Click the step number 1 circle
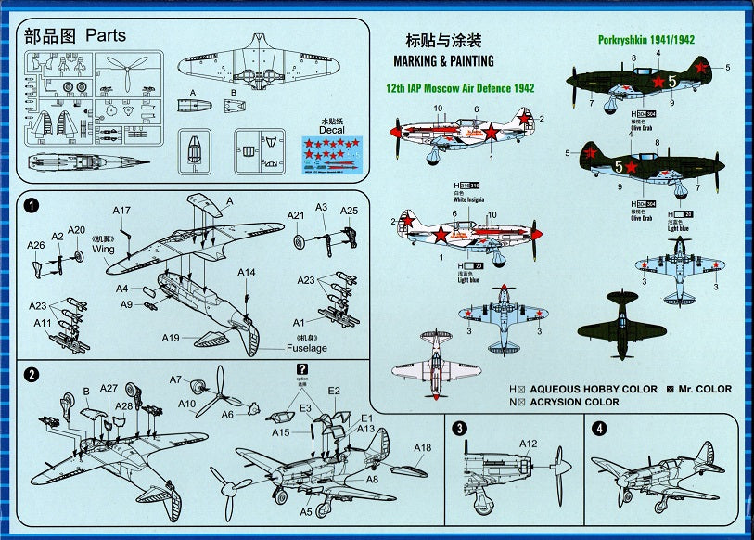point(32,205)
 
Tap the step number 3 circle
point(460,429)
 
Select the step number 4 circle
point(599,429)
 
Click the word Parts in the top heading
point(105,36)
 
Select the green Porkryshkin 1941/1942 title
point(647,40)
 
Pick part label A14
point(246,272)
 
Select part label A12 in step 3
point(530,443)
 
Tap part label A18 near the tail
point(423,448)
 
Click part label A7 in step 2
point(176,379)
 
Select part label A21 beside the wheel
point(295,215)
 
